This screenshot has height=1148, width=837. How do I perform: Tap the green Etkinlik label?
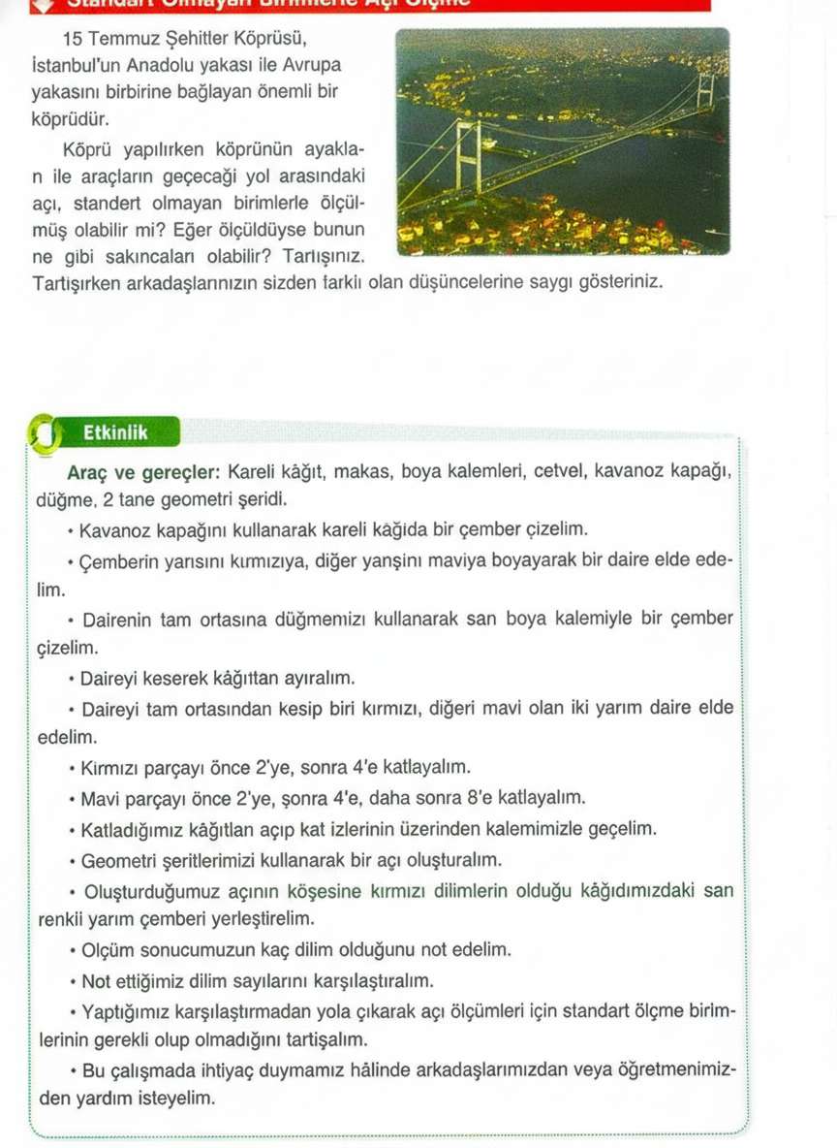pos(116,433)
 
